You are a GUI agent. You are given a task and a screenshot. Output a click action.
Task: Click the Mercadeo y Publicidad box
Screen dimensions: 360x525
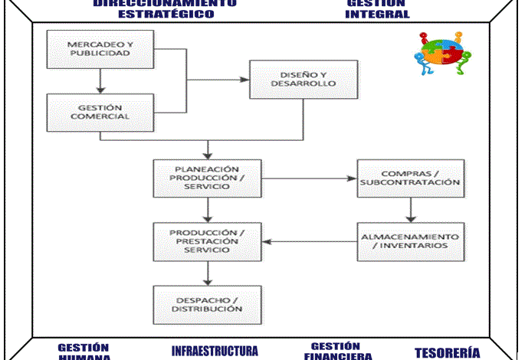pyautogui.click(x=100, y=49)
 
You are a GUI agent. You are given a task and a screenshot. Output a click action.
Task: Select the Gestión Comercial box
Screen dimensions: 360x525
pyautogui.click(x=100, y=111)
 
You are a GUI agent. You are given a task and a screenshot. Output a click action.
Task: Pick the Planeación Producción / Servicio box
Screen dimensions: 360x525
pyautogui.click(x=207, y=178)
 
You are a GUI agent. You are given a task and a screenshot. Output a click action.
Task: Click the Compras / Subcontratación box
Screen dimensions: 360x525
pyautogui.click(x=410, y=178)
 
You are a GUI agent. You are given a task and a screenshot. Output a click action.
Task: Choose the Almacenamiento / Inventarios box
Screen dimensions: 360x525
pyautogui.click(x=410, y=241)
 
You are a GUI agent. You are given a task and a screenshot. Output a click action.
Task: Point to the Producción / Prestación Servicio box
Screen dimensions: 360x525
pyautogui.click(x=207, y=241)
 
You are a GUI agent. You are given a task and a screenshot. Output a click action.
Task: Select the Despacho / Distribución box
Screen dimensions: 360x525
pyautogui.click(x=207, y=303)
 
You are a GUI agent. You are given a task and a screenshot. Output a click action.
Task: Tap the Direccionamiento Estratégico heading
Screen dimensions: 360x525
pyautogui.click(x=165, y=8)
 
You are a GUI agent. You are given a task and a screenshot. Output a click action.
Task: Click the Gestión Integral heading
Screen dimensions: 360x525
pyautogui.click(x=376, y=8)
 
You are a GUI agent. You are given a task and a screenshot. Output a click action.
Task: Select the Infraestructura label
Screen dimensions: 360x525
pyautogui.click(x=215, y=352)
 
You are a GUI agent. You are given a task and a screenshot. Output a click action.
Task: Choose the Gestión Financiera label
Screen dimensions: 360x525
pyautogui.click(x=338, y=351)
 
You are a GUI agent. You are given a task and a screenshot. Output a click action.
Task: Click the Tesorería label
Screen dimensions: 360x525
pyautogui.click(x=447, y=352)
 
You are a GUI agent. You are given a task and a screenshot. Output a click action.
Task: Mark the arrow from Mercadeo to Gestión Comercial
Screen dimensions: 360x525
pyautogui.click(x=100, y=80)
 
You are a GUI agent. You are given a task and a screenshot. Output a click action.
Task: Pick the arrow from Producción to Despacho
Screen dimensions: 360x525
pyautogui.click(x=207, y=273)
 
